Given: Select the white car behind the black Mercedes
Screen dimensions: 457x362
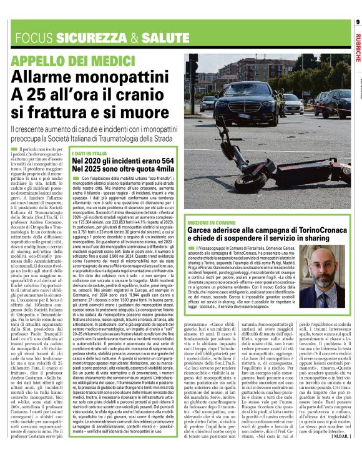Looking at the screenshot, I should (208, 102).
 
